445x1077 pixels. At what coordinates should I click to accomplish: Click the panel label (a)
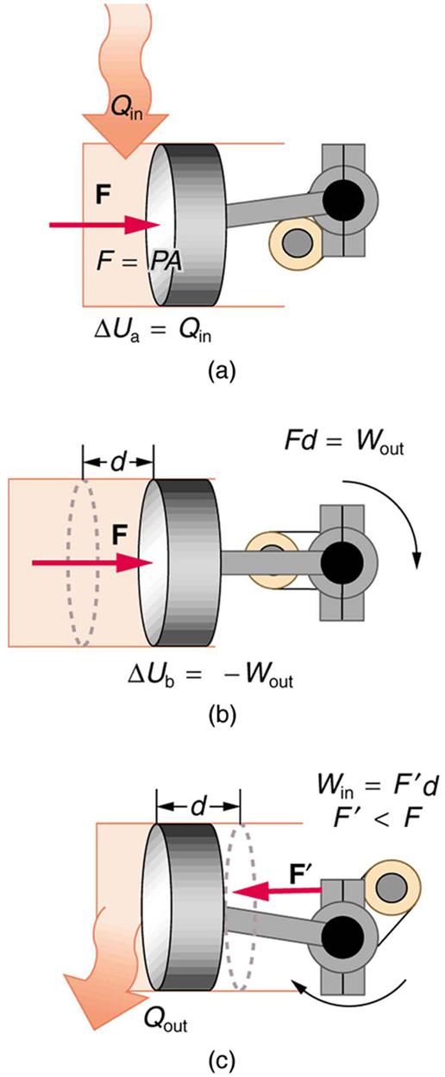point(221,370)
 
